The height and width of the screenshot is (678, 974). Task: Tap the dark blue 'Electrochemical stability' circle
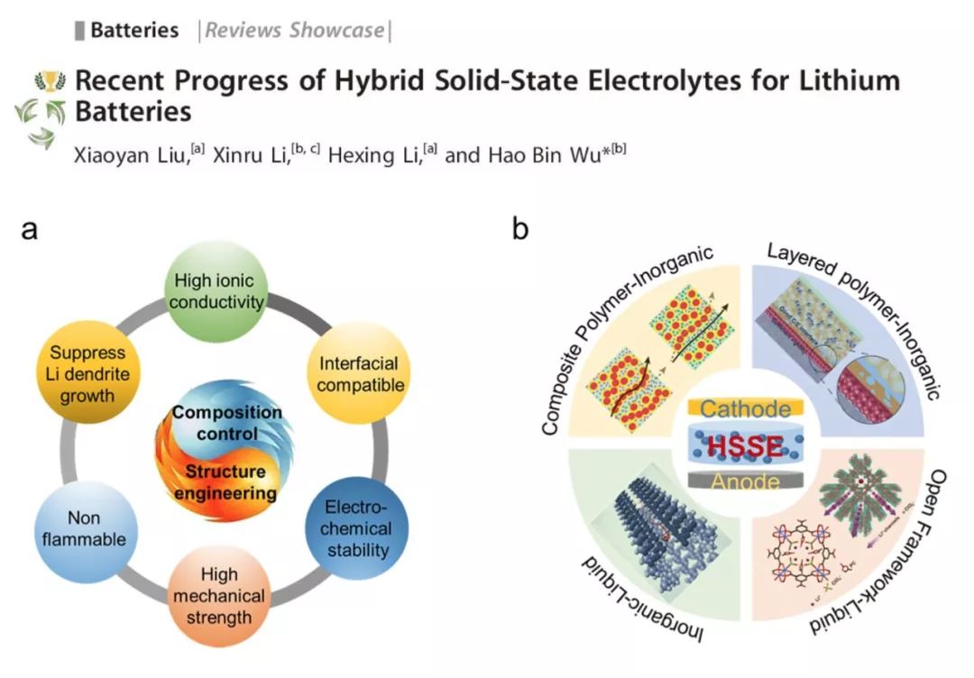[357, 527]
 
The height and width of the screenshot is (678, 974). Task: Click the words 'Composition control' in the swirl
[227, 424]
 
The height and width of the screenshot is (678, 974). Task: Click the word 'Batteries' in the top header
[134, 30]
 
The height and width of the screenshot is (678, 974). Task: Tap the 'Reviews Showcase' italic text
[294, 30]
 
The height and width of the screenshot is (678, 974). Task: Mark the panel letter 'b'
[520, 230]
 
